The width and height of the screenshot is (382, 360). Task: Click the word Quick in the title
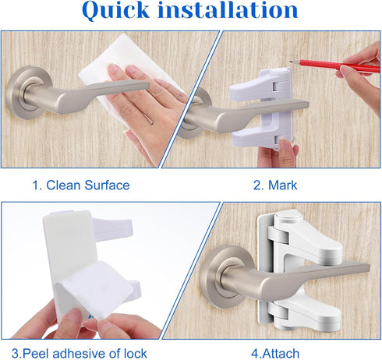[x=115, y=10]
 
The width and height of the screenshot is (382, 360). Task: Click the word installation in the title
[x=228, y=9]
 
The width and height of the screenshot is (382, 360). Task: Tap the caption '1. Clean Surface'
[x=81, y=185]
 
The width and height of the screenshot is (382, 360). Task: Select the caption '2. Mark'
[x=275, y=185]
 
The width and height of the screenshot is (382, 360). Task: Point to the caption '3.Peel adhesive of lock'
[x=80, y=354]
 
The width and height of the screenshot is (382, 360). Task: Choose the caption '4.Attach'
[x=275, y=354]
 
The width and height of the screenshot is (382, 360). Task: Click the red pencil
[x=334, y=65]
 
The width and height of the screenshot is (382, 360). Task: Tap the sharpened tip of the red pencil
[x=291, y=62]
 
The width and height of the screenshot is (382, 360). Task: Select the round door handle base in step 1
[x=25, y=92]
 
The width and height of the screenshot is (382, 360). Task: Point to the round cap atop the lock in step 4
[x=289, y=216]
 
